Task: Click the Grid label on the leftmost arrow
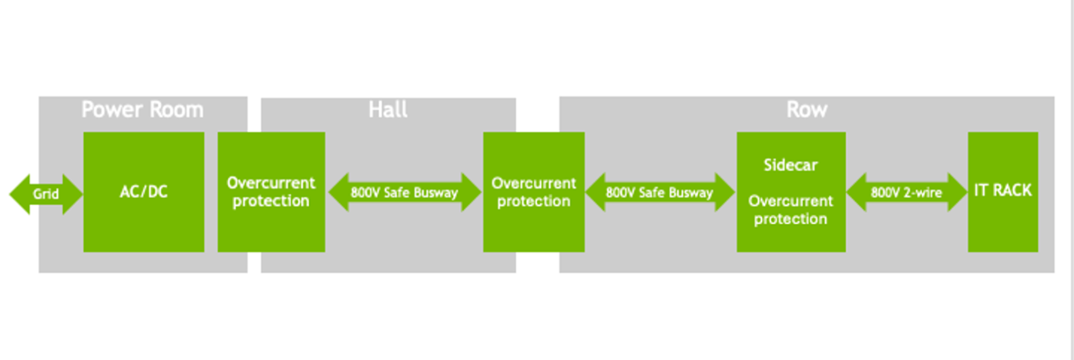45,194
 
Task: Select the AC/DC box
143,192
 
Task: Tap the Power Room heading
142,110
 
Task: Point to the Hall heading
388,110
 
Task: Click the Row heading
806,110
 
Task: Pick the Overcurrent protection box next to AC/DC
271,192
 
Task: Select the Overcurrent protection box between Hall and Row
534,192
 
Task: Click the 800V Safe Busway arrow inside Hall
404,193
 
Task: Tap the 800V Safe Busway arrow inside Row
660,193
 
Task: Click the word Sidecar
790,164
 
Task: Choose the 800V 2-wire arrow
906,193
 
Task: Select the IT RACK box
1003,190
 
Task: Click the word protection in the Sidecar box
790,219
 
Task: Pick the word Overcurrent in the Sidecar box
790,201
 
